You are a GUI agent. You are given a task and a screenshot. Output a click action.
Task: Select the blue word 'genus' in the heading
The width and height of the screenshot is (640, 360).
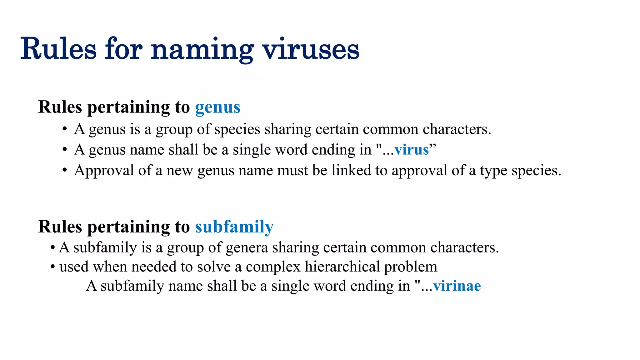[x=218, y=107]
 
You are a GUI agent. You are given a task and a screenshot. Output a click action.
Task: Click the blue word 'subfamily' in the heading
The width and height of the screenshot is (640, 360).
[x=234, y=227]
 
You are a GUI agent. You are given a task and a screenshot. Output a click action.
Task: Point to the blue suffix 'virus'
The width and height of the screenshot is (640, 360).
[x=412, y=150]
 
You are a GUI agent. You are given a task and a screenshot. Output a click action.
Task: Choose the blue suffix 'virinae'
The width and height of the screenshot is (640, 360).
[x=457, y=286]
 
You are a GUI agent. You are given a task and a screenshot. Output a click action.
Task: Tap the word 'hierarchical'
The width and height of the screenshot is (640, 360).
[x=342, y=267]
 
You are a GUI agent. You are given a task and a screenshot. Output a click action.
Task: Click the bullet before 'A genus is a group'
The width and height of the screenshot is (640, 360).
[x=65, y=129]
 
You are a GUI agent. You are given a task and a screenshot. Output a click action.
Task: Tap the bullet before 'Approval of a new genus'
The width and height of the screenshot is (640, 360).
[x=65, y=171]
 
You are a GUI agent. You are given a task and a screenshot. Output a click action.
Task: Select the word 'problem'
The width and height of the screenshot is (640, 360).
[x=410, y=267]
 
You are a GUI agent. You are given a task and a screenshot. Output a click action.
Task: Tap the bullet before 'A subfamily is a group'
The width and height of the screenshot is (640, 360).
[x=53, y=248]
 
